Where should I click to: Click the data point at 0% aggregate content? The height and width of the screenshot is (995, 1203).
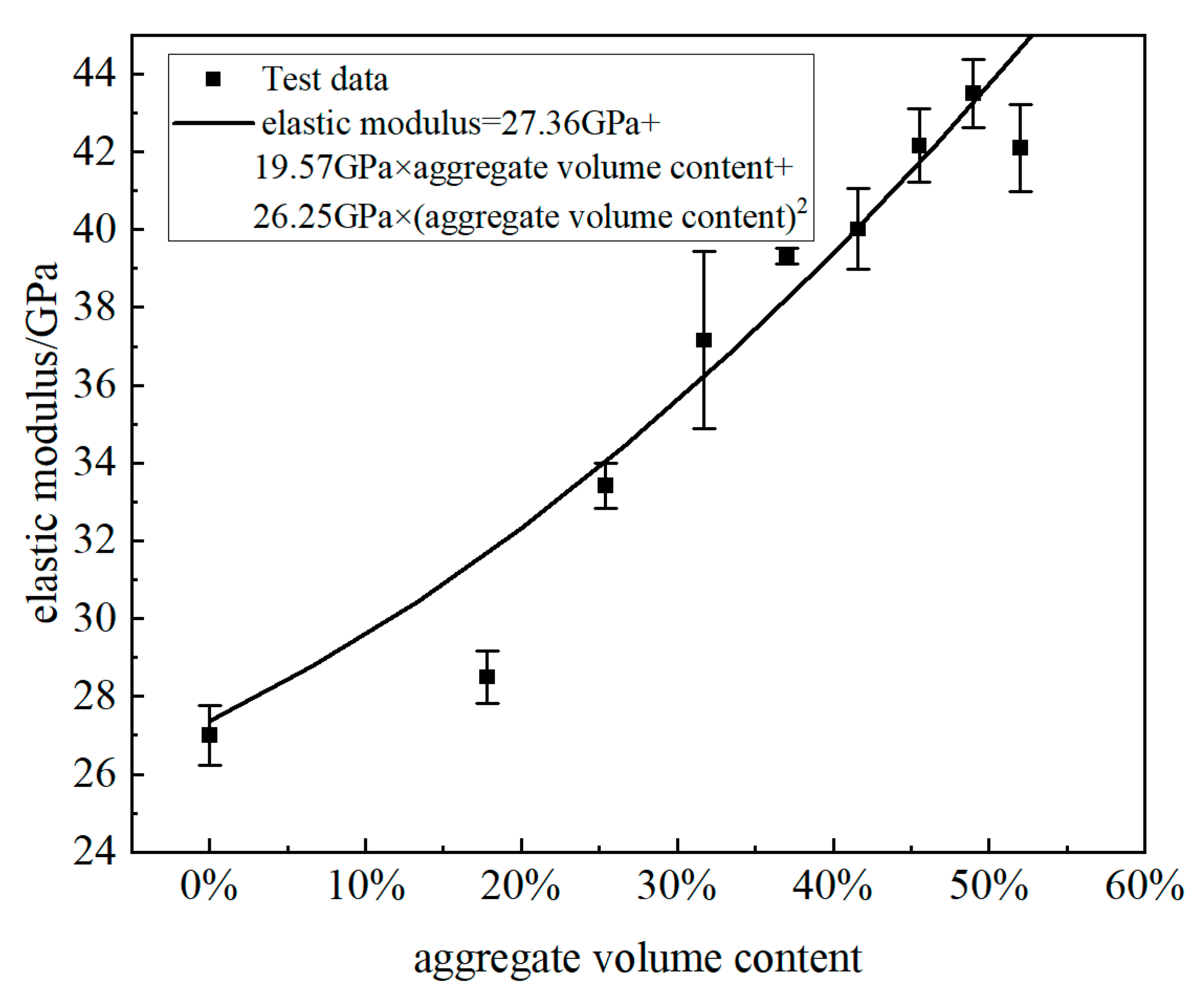point(210,735)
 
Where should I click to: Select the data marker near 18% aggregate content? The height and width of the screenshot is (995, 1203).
point(487,677)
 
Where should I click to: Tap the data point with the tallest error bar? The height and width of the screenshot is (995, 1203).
point(704,340)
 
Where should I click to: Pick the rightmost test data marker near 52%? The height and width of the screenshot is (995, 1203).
point(1020,148)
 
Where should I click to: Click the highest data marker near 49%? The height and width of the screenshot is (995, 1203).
point(973,93)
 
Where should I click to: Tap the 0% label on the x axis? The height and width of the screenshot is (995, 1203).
point(209,886)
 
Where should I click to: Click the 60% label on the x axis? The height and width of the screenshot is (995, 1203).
point(1144,886)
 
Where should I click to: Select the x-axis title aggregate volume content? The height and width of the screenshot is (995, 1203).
point(637,959)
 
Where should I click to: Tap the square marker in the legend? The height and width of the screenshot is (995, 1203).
point(213,79)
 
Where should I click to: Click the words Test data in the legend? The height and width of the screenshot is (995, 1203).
point(325,79)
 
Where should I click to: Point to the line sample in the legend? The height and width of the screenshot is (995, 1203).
point(213,123)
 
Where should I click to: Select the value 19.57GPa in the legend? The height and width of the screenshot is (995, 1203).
point(332,168)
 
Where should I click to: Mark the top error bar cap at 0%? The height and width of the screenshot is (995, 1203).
point(210,705)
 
